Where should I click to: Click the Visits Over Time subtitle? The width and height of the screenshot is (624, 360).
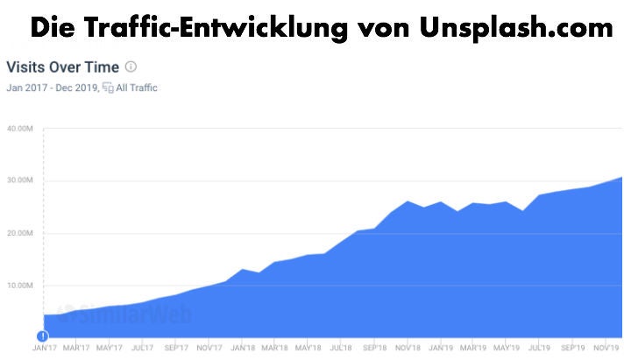point(62,67)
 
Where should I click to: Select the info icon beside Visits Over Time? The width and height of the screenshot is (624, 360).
point(131,67)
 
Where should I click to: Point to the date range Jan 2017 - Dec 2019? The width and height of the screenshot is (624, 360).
point(52,88)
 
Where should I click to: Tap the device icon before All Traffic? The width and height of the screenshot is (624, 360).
point(108,88)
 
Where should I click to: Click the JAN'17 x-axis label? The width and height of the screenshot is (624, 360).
point(44,346)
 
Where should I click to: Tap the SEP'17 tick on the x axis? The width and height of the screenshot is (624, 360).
point(176,346)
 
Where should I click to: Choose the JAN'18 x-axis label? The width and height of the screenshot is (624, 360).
point(243,346)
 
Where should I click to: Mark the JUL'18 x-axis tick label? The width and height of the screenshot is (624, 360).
point(342,346)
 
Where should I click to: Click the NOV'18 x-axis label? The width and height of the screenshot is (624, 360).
point(408,346)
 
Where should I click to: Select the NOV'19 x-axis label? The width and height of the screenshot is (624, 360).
point(607,346)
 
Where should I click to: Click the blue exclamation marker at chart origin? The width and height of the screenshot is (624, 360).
point(42,336)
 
